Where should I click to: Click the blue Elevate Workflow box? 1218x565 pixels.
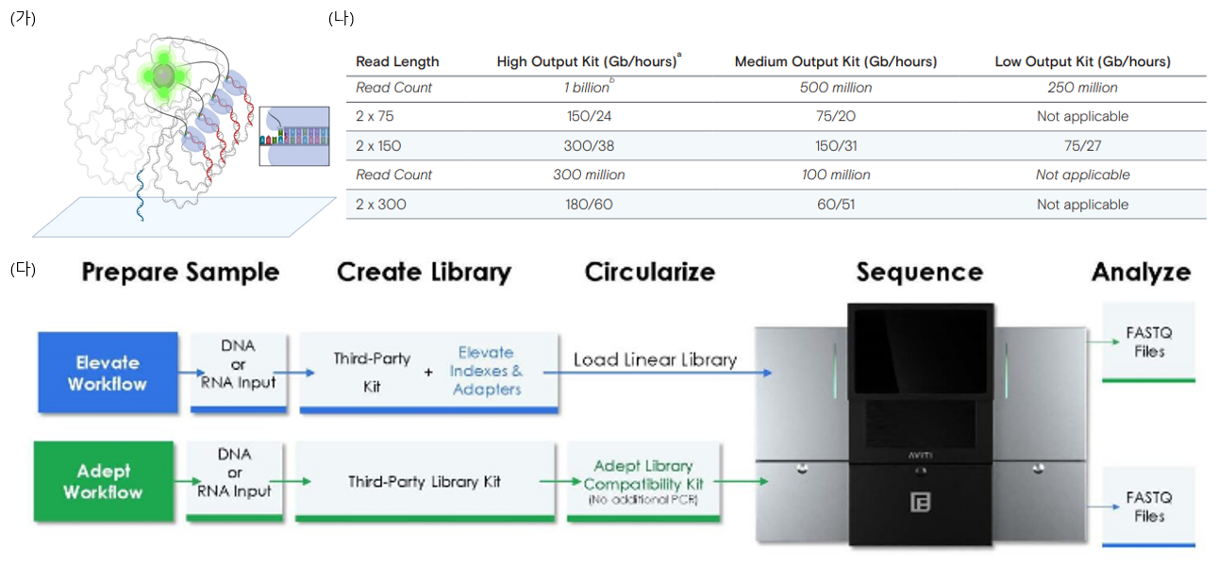pos(108,373)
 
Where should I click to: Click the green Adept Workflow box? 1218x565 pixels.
pos(104,481)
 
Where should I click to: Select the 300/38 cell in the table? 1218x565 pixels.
pos(589,146)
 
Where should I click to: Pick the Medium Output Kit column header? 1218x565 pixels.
pos(836,61)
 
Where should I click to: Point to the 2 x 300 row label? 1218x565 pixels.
pos(380,205)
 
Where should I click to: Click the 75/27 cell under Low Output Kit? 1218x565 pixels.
pos(1082,146)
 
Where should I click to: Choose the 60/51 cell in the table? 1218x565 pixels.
pos(836,205)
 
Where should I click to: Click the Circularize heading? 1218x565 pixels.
pos(650,272)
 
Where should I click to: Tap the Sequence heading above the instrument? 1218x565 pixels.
pos(920,272)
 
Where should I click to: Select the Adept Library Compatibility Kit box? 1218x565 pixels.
pos(643,482)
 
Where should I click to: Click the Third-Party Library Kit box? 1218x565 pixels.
pos(425,482)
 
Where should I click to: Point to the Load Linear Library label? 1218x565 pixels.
pos(655,359)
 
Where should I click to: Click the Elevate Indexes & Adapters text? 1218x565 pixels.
pos(486,371)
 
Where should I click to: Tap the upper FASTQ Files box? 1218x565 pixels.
pos(1148,342)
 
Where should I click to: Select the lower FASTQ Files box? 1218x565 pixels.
pos(1148,507)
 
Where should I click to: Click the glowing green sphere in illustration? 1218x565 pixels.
pos(163,75)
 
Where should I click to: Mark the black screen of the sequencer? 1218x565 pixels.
pos(921,351)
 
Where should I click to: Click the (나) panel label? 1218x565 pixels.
pos(342,19)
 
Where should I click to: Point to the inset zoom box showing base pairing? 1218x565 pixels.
pos(294,136)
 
